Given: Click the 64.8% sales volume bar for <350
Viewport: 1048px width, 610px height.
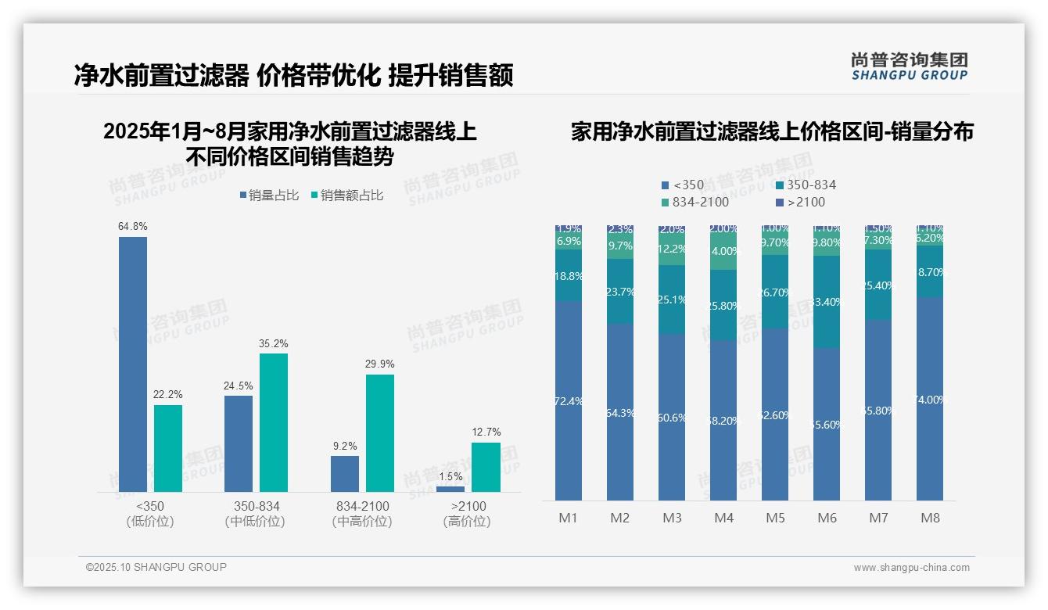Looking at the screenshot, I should click(x=133, y=364).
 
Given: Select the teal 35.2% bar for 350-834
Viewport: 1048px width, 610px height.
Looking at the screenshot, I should click(x=274, y=422).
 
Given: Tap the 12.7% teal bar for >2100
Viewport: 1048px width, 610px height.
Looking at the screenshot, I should click(x=486, y=467).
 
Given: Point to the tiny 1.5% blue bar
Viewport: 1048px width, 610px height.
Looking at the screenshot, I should click(x=450, y=489).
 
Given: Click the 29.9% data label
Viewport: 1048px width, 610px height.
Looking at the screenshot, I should click(x=379, y=364).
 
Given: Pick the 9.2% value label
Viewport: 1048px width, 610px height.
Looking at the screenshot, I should click(x=345, y=446).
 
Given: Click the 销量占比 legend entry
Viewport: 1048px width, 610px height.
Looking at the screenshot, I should click(x=269, y=196).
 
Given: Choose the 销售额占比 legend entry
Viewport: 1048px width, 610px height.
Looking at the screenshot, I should click(x=347, y=196).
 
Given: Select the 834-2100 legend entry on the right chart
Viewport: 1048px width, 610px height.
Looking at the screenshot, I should click(x=695, y=203).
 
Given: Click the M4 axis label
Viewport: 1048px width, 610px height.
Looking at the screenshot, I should click(x=723, y=518).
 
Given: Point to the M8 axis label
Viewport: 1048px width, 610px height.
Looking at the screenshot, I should click(x=930, y=518).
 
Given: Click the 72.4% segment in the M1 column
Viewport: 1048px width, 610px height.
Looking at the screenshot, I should click(x=569, y=400).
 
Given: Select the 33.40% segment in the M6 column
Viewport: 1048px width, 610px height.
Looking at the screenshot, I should click(x=827, y=302).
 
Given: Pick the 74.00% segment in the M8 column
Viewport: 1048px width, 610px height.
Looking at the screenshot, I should click(x=930, y=399).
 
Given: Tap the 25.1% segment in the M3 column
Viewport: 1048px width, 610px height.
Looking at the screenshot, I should click(x=672, y=300).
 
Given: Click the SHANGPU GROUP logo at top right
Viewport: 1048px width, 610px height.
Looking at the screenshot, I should click(x=909, y=66).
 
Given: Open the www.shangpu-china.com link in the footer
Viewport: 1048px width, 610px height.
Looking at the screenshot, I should click(x=911, y=568).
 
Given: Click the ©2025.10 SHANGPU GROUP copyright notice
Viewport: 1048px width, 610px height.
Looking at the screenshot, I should click(x=156, y=567).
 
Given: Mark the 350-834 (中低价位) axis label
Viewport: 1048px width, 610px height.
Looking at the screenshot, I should click(x=256, y=514).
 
